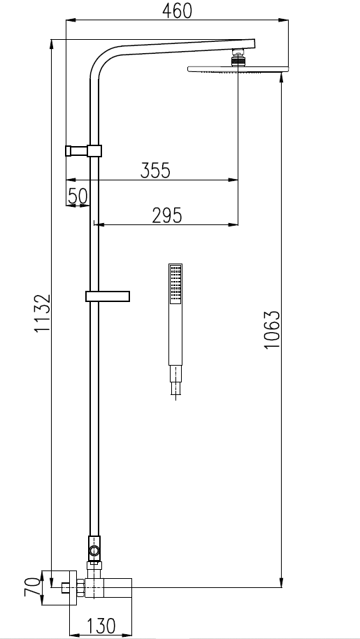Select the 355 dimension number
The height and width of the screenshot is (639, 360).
pos(155,170)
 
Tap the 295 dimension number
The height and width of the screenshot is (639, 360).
pos(166,215)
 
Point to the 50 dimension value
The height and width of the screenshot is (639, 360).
pos(78,196)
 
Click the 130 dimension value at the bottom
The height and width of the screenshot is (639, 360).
pos(101,626)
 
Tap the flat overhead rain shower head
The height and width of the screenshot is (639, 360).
pos(238,69)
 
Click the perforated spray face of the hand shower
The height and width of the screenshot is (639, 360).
pos(175,283)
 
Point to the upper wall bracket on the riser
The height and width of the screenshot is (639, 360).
pos(84,150)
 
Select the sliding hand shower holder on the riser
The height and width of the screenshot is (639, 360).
pos(108,296)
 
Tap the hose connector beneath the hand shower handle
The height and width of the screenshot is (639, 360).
pos(175,381)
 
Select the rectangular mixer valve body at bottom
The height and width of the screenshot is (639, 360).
pos(112,587)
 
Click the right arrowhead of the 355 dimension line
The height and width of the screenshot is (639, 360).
pos(235,180)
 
